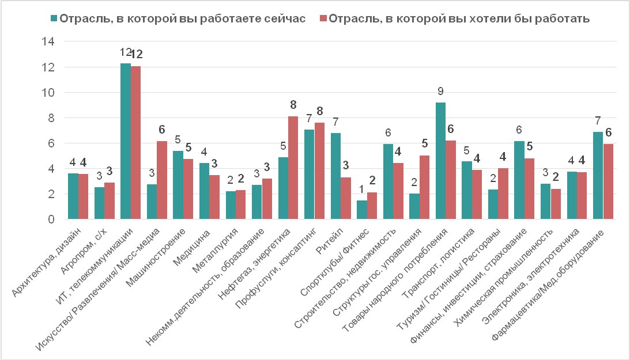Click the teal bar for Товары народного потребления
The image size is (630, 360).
[x=440, y=161]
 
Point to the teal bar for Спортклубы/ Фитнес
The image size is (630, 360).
[x=362, y=210]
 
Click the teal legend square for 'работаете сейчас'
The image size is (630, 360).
[x=54, y=18]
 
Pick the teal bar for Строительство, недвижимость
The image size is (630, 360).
[x=388, y=181]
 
